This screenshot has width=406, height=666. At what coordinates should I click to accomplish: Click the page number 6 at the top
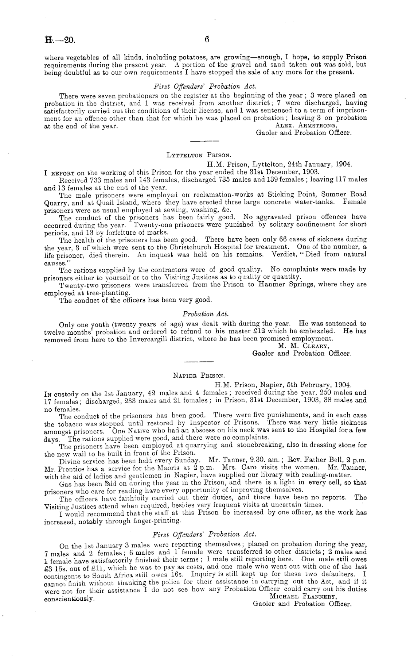(206, 40)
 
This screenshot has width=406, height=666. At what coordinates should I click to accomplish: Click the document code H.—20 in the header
(60, 40)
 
